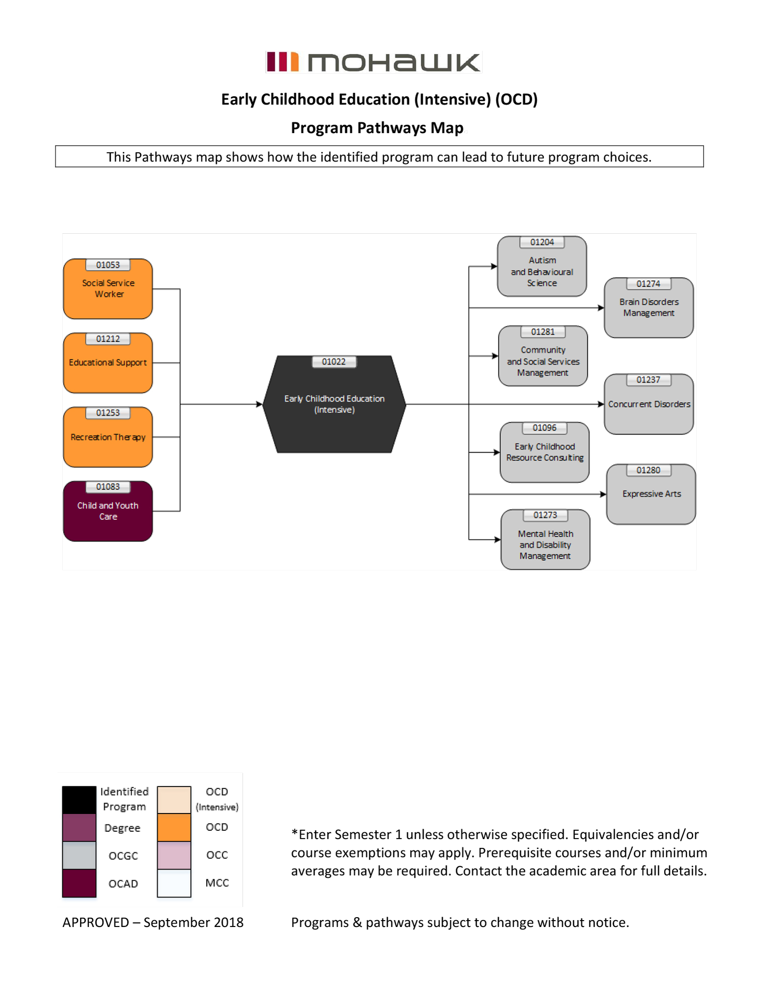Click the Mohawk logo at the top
[x=373, y=62]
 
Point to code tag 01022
[x=334, y=362]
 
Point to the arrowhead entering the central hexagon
[x=260, y=404]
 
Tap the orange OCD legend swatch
[x=174, y=828]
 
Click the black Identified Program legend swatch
[x=79, y=800]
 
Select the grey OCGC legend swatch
[x=79, y=855]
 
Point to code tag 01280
[x=648, y=470]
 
